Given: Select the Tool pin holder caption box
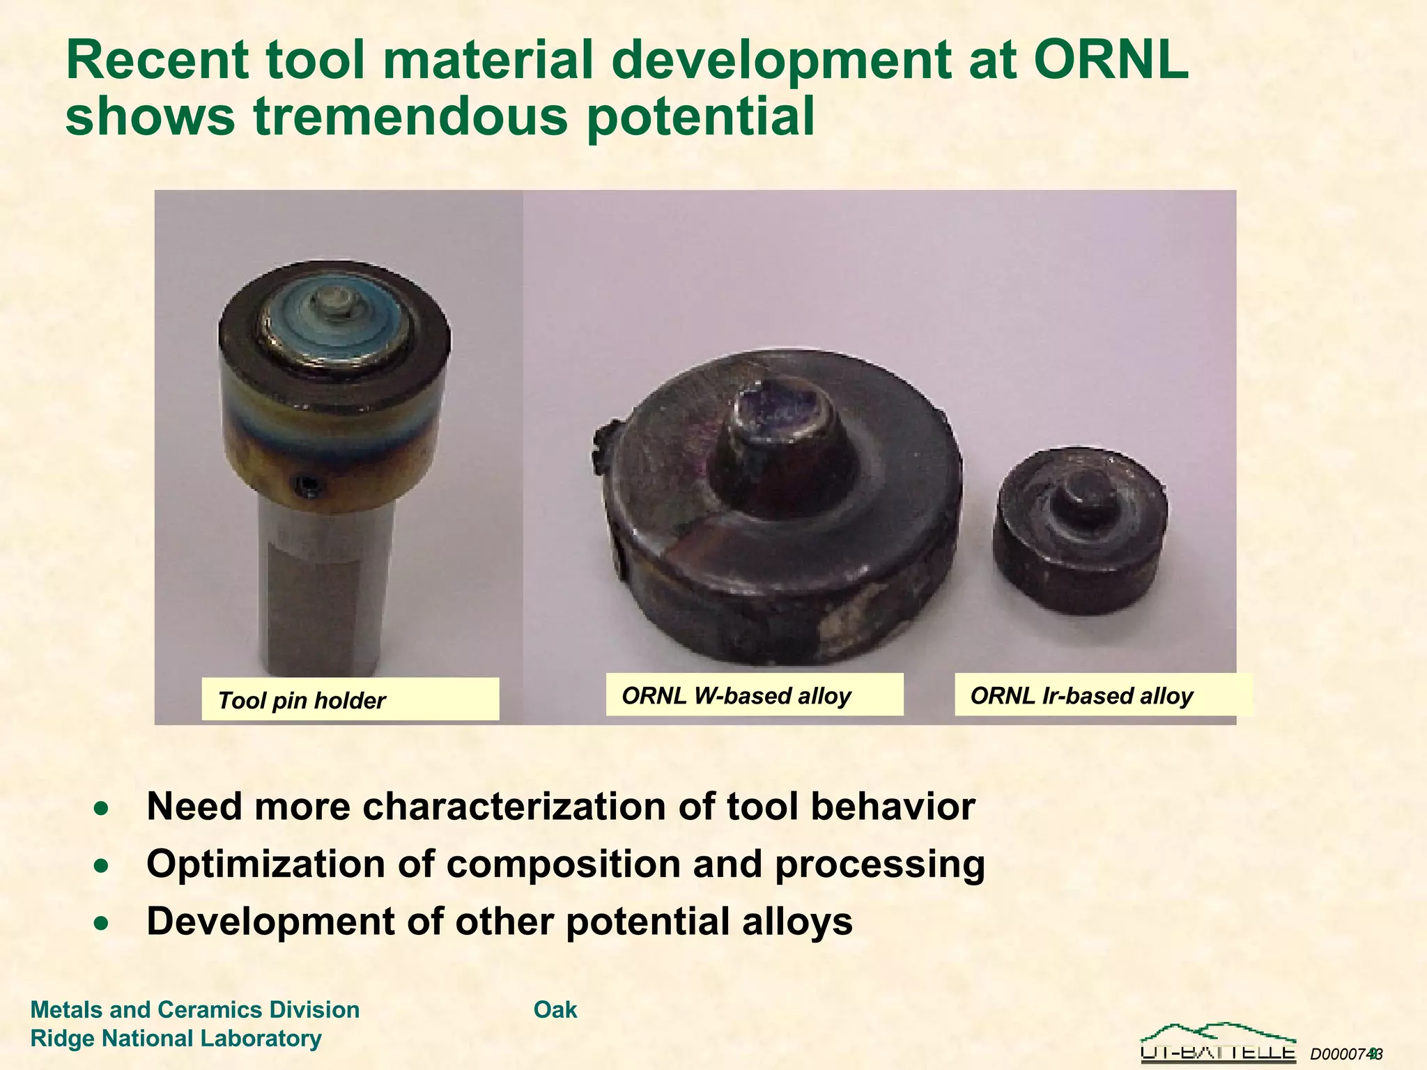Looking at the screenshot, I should tap(350, 699).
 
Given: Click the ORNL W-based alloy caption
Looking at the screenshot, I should tap(754, 695).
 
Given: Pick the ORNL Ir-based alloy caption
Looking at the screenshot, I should tap(1102, 695).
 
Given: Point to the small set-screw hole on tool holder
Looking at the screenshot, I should tap(307, 484).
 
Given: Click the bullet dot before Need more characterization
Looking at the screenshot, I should tap(102, 808).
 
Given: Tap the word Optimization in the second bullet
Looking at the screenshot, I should tap(265, 864).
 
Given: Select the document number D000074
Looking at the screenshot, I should tap(1341, 1054).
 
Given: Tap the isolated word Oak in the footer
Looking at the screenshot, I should tap(555, 1009).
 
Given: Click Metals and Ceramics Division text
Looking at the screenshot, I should tap(195, 1009).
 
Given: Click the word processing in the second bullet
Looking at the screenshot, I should tap(879, 864).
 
